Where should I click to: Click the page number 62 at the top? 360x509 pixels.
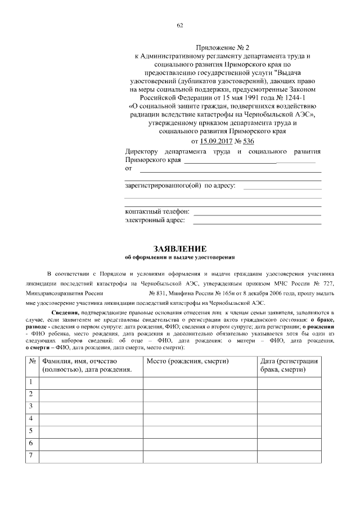click(180, 25)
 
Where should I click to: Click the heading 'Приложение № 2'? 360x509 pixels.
click(224, 47)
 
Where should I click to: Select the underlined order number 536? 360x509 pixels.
click(249, 141)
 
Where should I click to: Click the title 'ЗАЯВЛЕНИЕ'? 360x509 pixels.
click(180, 249)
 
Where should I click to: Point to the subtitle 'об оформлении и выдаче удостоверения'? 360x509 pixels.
click(180, 258)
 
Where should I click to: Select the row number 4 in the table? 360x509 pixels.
click(31, 418)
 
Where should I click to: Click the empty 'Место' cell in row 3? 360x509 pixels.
click(200, 407)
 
